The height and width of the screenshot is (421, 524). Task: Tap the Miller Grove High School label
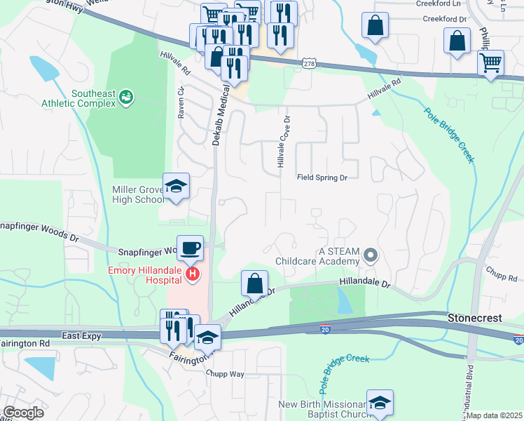(138, 194)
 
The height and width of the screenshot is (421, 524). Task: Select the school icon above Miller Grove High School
(176, 186)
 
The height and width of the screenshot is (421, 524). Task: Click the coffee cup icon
(191, 248)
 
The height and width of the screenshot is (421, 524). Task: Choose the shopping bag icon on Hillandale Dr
(255, 283)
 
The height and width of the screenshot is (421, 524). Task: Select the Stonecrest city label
(474, 318)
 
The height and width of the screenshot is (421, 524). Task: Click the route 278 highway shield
(309, 64)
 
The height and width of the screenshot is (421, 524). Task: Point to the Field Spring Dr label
(322, 178)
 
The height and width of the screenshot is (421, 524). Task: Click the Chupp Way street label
(225, 374)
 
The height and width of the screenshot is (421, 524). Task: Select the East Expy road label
(81, 336)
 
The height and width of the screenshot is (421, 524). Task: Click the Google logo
(23, 412)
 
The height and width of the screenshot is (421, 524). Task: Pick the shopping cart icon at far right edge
(491, 62)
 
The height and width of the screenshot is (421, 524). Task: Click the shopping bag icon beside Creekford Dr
(375, 25)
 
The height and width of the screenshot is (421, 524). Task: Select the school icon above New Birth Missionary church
(380, 402)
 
